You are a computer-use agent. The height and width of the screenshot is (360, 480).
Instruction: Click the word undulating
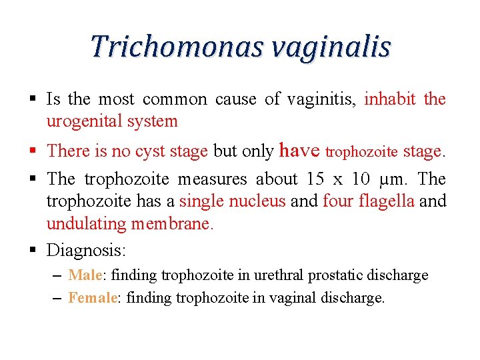click(x=85, y=223)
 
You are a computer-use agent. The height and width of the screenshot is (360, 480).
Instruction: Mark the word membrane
click(x=172, y=223)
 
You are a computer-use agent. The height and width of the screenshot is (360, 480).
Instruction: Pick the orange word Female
click(x=92, y=297)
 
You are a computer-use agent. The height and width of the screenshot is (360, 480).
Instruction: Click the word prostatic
click(x=351, y=275)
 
